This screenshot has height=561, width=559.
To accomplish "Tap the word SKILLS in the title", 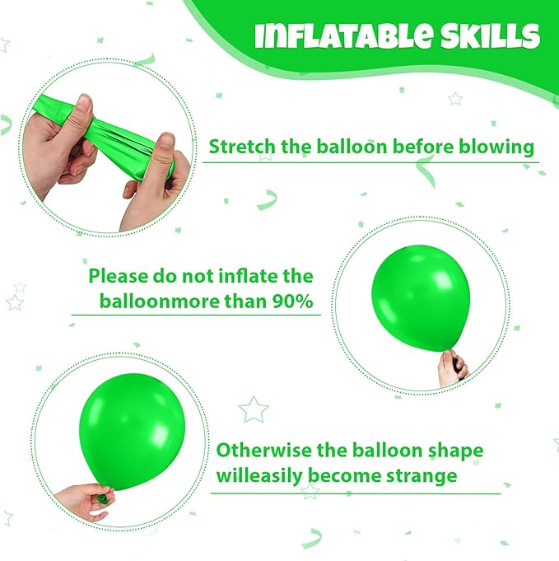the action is click(x=490, y=36).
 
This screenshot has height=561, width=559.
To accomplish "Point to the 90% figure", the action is click(x=292, y=302).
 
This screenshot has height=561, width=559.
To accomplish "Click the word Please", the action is click(x=114, y=276).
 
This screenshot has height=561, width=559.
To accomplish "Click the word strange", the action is click(x=422, y=476).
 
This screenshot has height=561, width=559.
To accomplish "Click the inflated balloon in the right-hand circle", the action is click(x=421, y=299).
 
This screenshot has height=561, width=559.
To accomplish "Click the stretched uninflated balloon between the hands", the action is click(x=107, y=136).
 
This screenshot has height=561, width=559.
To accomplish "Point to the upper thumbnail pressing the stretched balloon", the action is click(x=84, y=101).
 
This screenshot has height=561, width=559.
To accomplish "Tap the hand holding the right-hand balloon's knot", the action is click(x=453, y=368).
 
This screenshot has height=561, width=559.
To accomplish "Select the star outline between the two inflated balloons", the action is click(x=254, y=409).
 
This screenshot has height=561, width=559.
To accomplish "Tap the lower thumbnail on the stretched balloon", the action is click(x=166, y=143).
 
